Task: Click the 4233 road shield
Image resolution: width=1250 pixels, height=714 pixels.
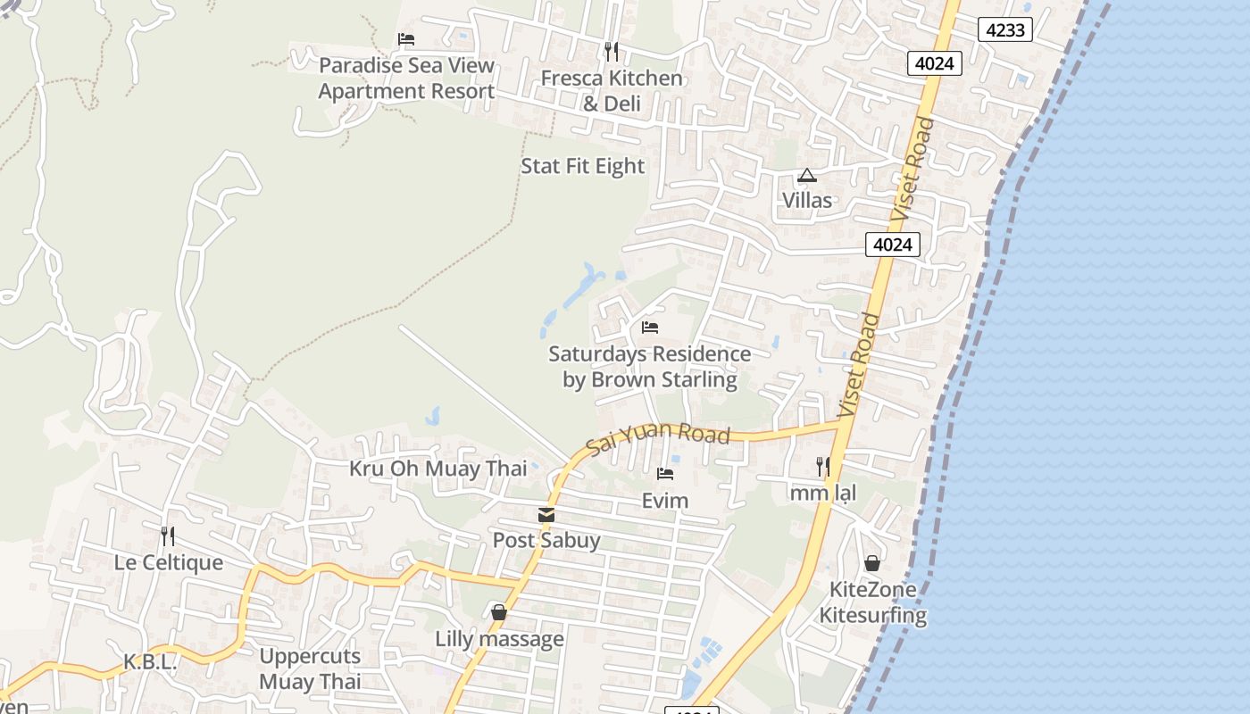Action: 1004,29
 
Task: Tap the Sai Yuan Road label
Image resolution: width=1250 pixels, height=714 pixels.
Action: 658,438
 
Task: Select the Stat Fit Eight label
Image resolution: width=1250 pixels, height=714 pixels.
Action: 582,166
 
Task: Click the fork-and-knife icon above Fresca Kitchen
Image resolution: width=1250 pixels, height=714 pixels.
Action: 612,51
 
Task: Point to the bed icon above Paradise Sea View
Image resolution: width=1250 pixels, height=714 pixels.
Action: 406,39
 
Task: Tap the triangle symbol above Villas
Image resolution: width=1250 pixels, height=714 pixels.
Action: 807,176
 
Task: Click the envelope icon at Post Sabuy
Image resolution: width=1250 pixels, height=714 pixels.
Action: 546,515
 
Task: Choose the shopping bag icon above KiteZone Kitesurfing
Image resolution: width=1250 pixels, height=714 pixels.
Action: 872,563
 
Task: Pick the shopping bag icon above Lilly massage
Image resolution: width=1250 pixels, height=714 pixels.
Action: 499,612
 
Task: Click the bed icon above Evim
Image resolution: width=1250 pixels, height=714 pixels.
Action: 665,474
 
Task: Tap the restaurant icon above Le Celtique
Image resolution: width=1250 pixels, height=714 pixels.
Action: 167,535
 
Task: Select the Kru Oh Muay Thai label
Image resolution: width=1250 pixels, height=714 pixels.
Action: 437,469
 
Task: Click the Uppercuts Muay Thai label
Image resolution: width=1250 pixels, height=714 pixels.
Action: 310,668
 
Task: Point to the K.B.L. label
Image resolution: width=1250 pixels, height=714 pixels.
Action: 150,662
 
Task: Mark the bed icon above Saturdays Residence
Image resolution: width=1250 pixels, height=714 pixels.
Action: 650,328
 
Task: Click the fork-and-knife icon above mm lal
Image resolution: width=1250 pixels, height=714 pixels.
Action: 822,466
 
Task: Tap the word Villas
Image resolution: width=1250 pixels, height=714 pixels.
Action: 807,200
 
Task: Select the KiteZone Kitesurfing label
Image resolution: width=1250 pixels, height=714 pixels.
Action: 873,602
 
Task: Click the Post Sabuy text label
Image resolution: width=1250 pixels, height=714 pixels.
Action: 546,540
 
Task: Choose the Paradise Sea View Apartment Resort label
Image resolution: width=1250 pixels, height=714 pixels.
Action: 406,79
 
